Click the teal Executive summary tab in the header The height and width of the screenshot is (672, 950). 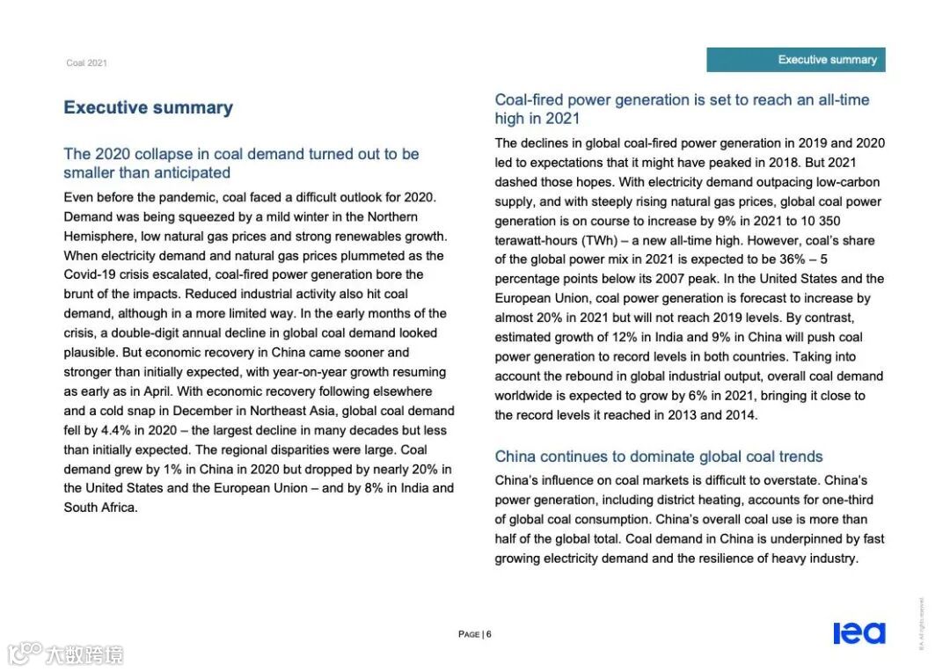coord(796,60)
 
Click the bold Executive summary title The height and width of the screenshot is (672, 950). coord(148,108)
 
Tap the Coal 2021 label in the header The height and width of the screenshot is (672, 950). coord(86,63)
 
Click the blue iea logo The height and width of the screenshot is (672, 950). coord(859,633)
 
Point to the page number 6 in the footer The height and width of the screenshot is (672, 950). coord(488,634)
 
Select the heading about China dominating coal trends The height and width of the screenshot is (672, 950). coord(658,457)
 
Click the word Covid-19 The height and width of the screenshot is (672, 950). coord(92,274)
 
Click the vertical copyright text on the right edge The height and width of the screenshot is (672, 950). coord(921,624)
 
